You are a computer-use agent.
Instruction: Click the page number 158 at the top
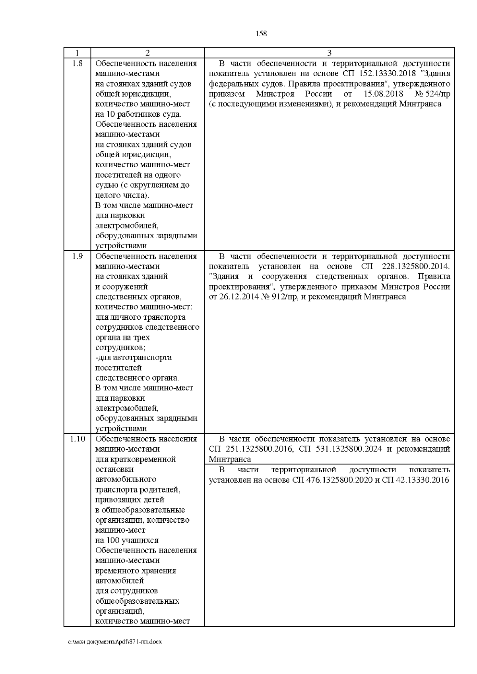tap(261, 34)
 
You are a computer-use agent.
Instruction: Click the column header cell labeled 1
tap(77, 53)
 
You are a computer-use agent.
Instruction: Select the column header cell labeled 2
tap(147, 53)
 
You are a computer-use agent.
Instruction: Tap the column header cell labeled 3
tap(329, 53)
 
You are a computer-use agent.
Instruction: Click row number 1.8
tap(77, 64)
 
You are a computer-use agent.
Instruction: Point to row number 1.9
tap(77, 256)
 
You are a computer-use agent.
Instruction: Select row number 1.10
tap(77, 439)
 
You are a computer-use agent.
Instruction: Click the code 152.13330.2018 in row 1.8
tap(388, 74)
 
